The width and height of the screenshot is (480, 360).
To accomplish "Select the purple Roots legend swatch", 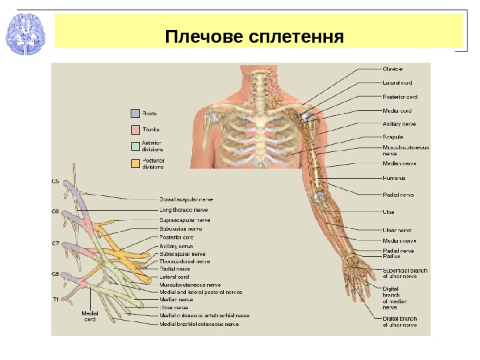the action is [135, 114].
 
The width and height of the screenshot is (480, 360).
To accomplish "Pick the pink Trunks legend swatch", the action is [135, 129].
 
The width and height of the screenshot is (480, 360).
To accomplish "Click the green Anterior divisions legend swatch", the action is [135, 146].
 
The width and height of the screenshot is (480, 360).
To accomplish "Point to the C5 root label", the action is [56, 181].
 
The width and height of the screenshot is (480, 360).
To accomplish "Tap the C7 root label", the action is [56, 243].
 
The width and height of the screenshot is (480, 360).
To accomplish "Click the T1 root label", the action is [56, 299].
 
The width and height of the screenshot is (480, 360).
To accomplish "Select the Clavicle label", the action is [393, 69].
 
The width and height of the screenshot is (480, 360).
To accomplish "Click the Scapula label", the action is [393, 137].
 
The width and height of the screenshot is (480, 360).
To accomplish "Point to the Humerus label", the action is [395, 179].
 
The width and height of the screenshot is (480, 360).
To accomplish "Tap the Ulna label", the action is [389, 213].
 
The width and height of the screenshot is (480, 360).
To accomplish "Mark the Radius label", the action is [392, 256].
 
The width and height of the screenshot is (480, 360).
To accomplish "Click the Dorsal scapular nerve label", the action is [187, 199].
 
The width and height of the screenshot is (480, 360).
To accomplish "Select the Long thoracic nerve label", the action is [184, 209].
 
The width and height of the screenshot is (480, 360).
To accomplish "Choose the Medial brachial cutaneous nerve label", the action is [199, 325].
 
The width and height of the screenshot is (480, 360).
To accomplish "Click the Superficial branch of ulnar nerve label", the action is [405, 273].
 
